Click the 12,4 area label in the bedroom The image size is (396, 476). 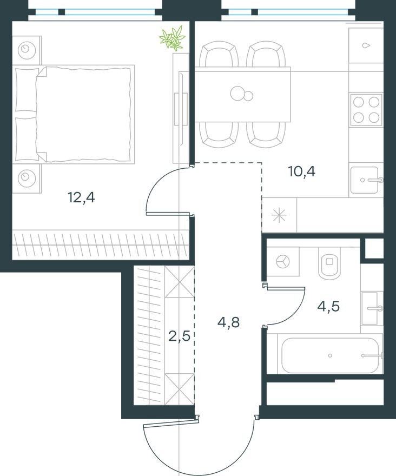coord(81,198)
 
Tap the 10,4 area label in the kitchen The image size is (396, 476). coord(302,173)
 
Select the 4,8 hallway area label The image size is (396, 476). coord(228,323)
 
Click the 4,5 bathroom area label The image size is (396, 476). coord(329,307)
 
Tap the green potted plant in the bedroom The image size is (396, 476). coord(173,38)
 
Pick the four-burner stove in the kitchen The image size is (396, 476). coord(366,110)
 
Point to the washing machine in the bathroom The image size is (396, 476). coord(282,262)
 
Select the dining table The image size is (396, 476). coord(242,94)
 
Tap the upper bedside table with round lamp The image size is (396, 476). coord(26,50)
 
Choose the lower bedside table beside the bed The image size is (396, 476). coord(26,176)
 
